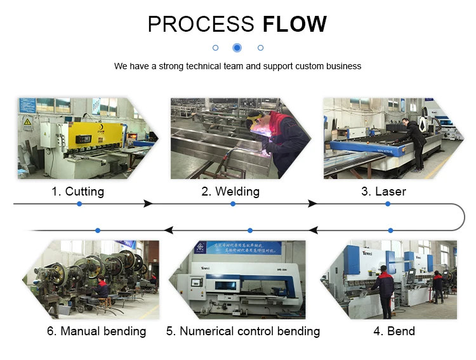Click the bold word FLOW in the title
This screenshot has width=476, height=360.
(x=294, y=24)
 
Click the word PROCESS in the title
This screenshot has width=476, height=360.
(x=201, y=24)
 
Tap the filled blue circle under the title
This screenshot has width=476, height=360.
(x=237, y=48)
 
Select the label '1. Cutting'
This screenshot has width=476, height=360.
(x=78, y=191)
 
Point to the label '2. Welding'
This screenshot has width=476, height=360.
(x=230, y=191)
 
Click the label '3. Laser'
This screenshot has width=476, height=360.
(x=383, y=191)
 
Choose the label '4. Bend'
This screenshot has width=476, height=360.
(x=393, y=331)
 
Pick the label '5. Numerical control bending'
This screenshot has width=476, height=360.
(x=243, y=331)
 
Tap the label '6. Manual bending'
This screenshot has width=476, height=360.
(x=96, y=331)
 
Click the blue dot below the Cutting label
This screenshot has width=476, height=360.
(x=79, y=204)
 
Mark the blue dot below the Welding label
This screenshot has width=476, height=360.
(x=233, y=204)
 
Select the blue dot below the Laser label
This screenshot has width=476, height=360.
(x=387, y=204)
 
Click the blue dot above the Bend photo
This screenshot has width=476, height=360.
(x=390, y=230)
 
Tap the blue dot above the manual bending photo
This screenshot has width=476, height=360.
(x=97, y=230)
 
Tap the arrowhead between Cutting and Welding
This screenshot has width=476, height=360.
(x=148, y=204)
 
